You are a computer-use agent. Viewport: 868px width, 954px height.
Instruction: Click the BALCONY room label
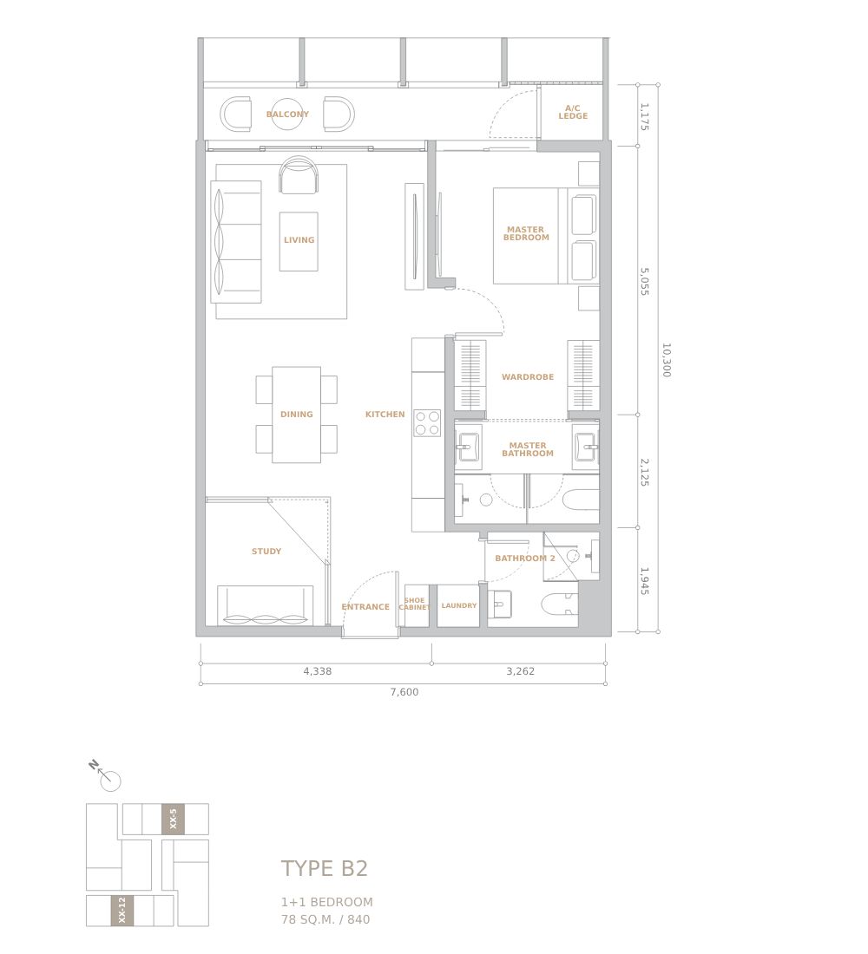pyautogui.click(x=287, y=114)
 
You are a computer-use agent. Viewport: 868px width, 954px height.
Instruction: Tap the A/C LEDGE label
pyautogui.click(x=573, y=113)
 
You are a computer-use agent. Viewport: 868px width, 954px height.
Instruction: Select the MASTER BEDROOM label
pyautogui.click(x=526, y=233)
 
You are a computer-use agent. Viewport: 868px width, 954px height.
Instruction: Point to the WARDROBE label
pyautogui.click(x=528, y=377)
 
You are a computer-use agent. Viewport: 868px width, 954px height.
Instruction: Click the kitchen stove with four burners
pyautogui.click(x=427, y=423)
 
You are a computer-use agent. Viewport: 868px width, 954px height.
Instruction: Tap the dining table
pyautogui.click(x=297, y=415)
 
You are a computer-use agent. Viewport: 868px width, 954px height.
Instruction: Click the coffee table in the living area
pyautogui.click(x=299, y=241)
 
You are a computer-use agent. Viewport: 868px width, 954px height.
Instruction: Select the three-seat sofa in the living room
pyautogui.click(x=236, y=242)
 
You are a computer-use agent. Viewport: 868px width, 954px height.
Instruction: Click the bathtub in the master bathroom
pyautogui.click(x=581, y=500)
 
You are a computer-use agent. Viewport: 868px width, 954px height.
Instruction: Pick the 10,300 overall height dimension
pyautogui.click(x=666, y=360)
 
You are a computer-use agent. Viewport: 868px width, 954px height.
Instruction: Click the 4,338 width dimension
pyautogui.click(x=318, y=671)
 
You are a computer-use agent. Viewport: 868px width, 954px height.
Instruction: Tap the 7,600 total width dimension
pyautogui.click(x=404, y=692)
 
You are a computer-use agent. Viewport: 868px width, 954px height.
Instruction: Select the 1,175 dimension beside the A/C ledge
pyautogui.click(x=644, y=117)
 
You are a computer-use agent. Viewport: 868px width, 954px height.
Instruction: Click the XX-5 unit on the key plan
pyautogui.click(x=173, y=819)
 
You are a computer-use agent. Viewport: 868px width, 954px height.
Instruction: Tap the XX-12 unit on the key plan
pyautogui.click(x=122, y=910)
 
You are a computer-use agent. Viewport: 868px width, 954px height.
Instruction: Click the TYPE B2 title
pyautogui.click(x=324, y=868)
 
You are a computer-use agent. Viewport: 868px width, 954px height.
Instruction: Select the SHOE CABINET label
pyautogui.click(x=414, y=604)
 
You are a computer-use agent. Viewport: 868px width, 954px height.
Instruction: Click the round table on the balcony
pyautogui.click(x=287, y=114)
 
